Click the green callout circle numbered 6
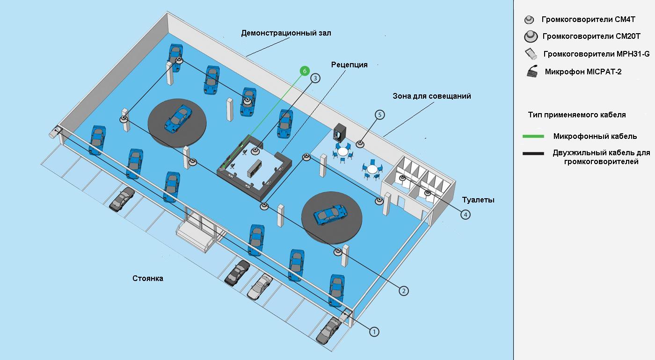pos(305,71)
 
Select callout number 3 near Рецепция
pos(316,79)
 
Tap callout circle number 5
pos(379,115)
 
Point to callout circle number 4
pos(465,214)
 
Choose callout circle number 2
pos(404,290)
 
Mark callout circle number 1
pos(374,331)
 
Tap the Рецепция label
pos(349,65)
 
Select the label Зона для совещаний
pos(431,96)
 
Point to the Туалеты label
pos(478,200)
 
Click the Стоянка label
pos(148,278)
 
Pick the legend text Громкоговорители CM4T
pos(588,20)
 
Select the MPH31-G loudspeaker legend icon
pos(531,54)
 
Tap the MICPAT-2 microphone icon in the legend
pos(532,72)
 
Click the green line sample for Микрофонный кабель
pos(533,137)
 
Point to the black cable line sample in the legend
pos(533,153)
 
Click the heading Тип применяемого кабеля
pos(576,115)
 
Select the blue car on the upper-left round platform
pos(178,119)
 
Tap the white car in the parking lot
pos(260,286)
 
